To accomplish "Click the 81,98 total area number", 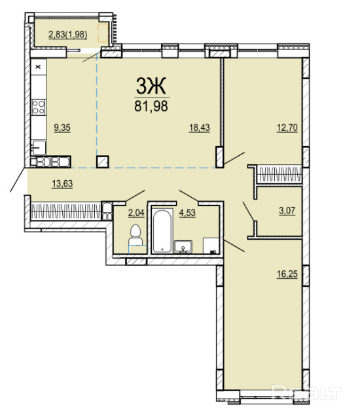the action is point(151,106).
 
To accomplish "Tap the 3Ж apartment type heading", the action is point(151,86).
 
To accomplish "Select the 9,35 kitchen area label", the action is point(62,128).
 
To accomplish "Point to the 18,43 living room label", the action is point(200,128).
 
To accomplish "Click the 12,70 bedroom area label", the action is point(287,128).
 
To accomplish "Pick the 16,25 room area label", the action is point(287,274).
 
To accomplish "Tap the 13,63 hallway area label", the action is point(62,184).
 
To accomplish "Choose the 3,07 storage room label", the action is point(287,211).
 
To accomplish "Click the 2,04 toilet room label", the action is point(136,213).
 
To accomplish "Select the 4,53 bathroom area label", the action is point(187,213).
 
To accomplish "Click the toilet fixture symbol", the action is point(135,235).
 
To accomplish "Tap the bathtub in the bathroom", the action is point(162,231).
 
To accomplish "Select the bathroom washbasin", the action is point(183,246).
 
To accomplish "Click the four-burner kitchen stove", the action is point(39,107).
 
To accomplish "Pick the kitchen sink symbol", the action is point(39,148).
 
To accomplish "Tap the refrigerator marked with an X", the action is point(39,67).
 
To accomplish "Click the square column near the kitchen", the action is point(103,162).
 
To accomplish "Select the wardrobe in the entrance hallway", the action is point(65,211).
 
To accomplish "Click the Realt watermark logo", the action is point(306,393).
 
